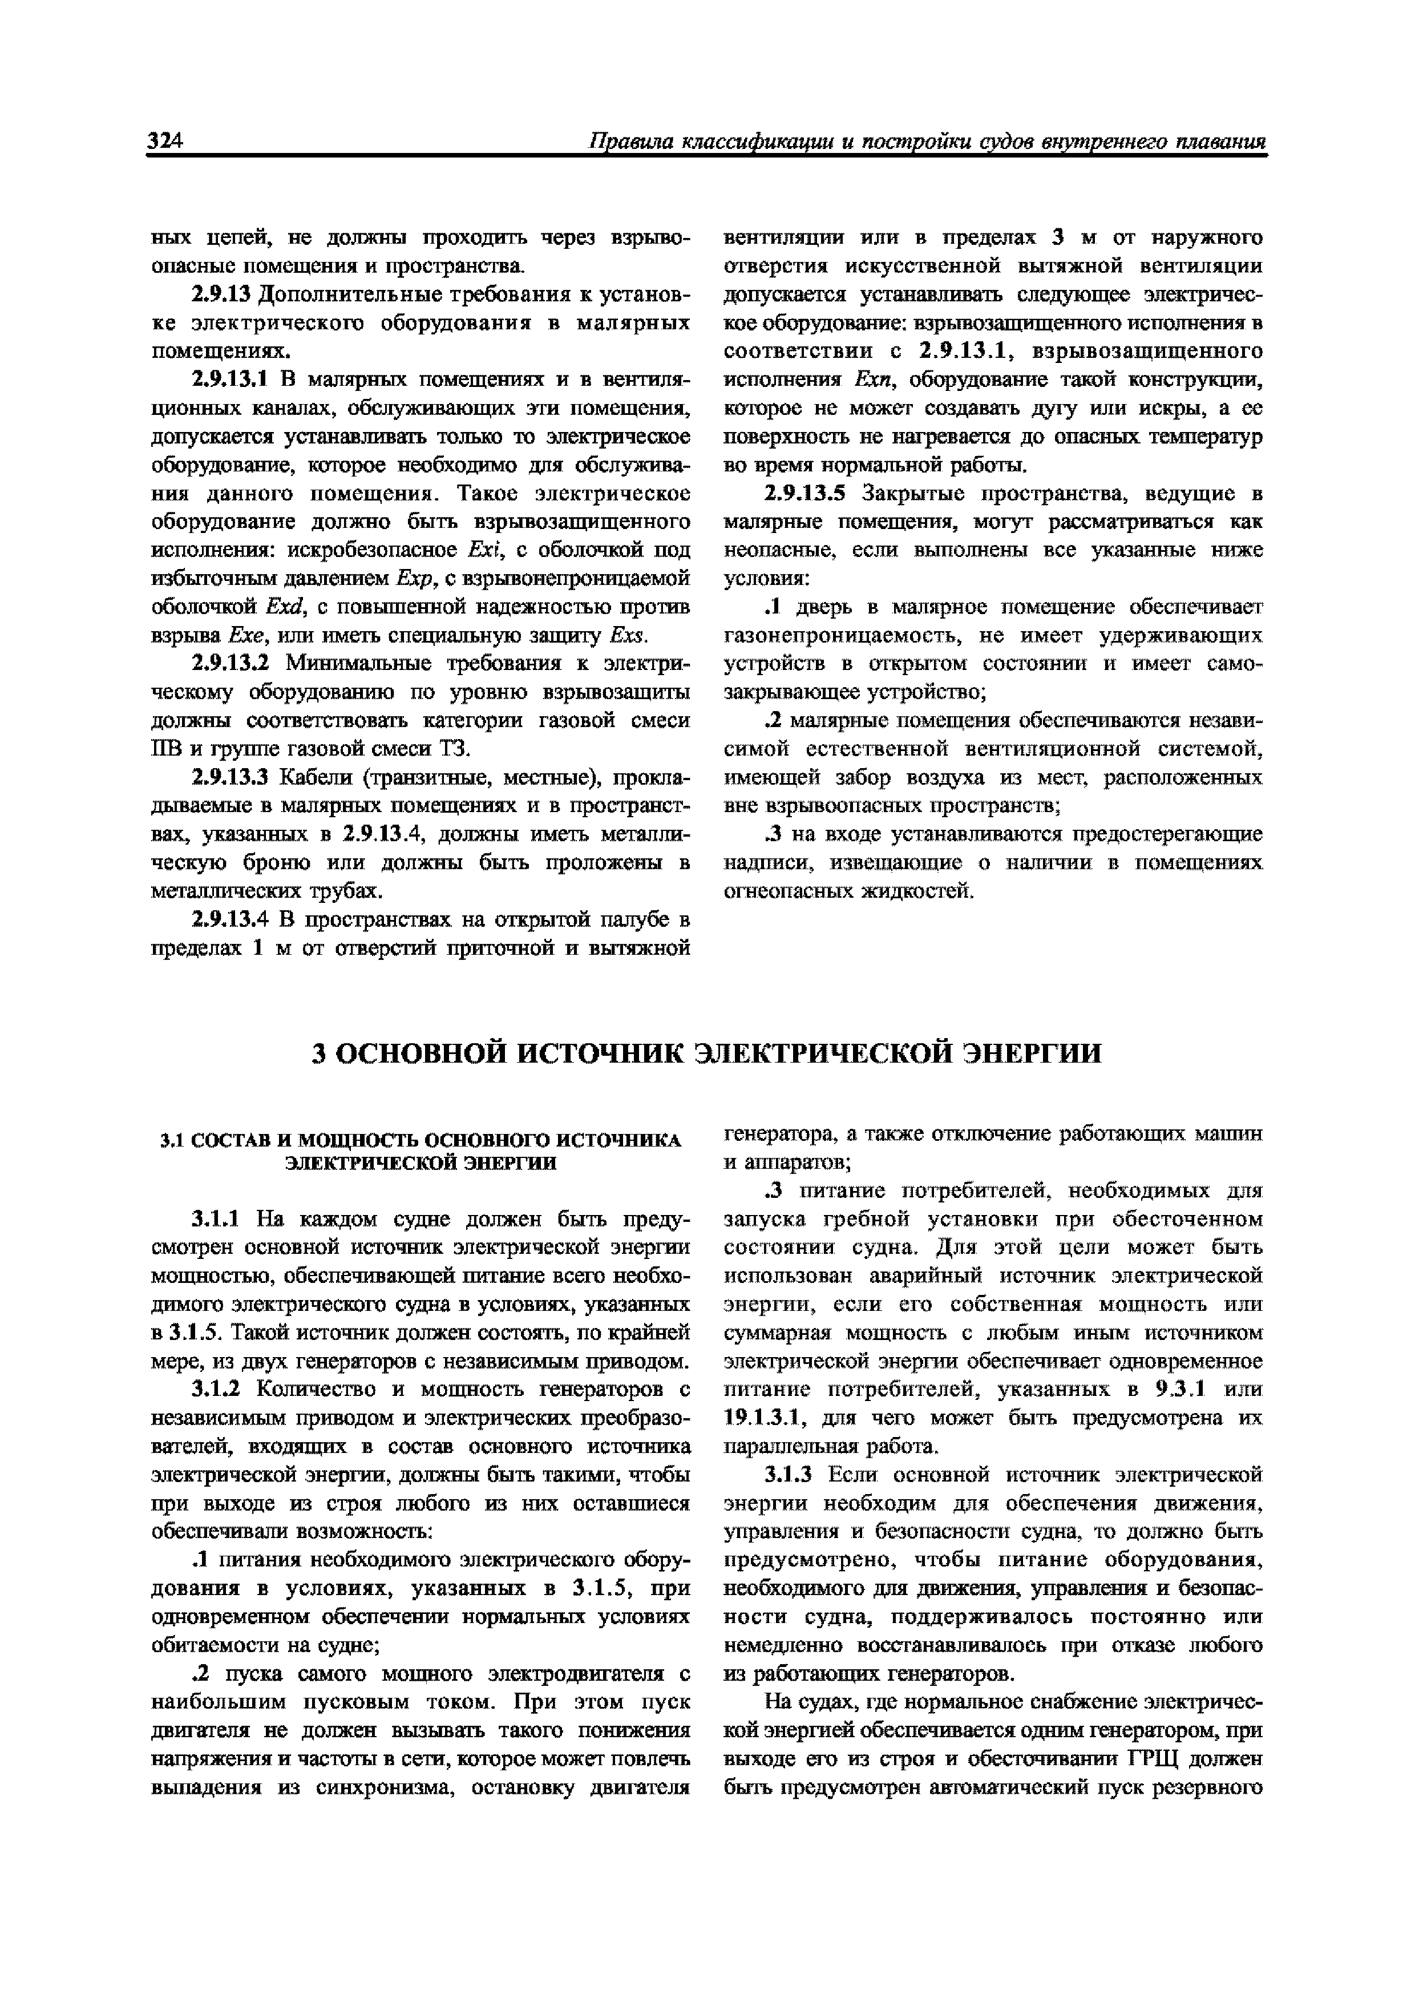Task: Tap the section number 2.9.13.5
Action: click(804, 494)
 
